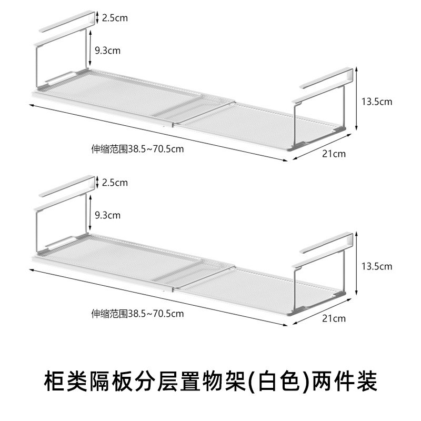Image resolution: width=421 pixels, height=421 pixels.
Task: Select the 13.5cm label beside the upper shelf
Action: click(377, 102)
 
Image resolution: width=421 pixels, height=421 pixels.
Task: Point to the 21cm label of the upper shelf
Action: click(335, 154)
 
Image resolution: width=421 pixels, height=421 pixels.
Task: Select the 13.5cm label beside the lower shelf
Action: click(377, 267)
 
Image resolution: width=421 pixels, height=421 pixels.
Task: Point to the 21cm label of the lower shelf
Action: click(335, 318)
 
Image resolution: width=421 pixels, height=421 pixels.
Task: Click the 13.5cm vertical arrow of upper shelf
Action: click(357, 100)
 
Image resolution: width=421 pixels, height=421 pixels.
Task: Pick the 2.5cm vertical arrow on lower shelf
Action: click(98, 183)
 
